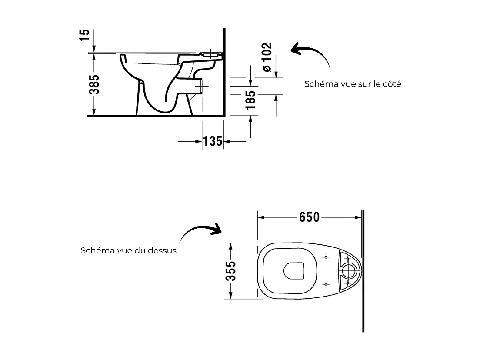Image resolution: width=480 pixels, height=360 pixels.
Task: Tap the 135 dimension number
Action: (213, 141)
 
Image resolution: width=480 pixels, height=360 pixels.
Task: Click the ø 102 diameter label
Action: (267, 57)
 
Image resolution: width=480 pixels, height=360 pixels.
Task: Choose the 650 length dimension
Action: (309, 217)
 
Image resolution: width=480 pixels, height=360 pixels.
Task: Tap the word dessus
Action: (163, 251)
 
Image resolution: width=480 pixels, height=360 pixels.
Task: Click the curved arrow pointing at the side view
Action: (311, 54)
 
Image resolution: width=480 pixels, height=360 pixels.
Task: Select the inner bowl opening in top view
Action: (293, 271)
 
